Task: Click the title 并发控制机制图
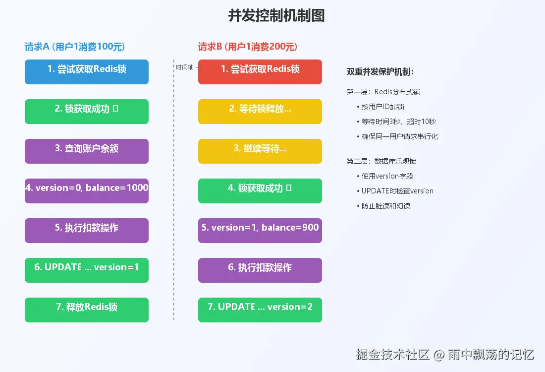(x=276, y=16)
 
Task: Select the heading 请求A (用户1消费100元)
(x=75, y=47)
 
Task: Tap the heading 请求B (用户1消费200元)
(x=248, y=47)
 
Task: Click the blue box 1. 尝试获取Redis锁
(x=87, y=72)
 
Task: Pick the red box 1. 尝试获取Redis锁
(x=260, y=72)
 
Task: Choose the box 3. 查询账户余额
(x=87, y=151)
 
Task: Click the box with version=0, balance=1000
(x=87, y=191)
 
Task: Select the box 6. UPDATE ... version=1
(x=87, y=270)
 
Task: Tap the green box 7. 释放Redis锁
(x=87, y=310)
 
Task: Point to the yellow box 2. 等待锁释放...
(x=260, y=112)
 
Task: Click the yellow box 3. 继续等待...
(x=260, y=151)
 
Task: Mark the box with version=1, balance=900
(x=260, y=231)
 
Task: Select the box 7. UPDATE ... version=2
(x=260, y=310)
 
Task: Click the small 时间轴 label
(x=185, y=67)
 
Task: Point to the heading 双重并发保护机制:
(x=381, y=72)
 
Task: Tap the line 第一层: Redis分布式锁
(x=384, y=92)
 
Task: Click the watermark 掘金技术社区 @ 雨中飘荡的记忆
(x=444, y=355)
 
